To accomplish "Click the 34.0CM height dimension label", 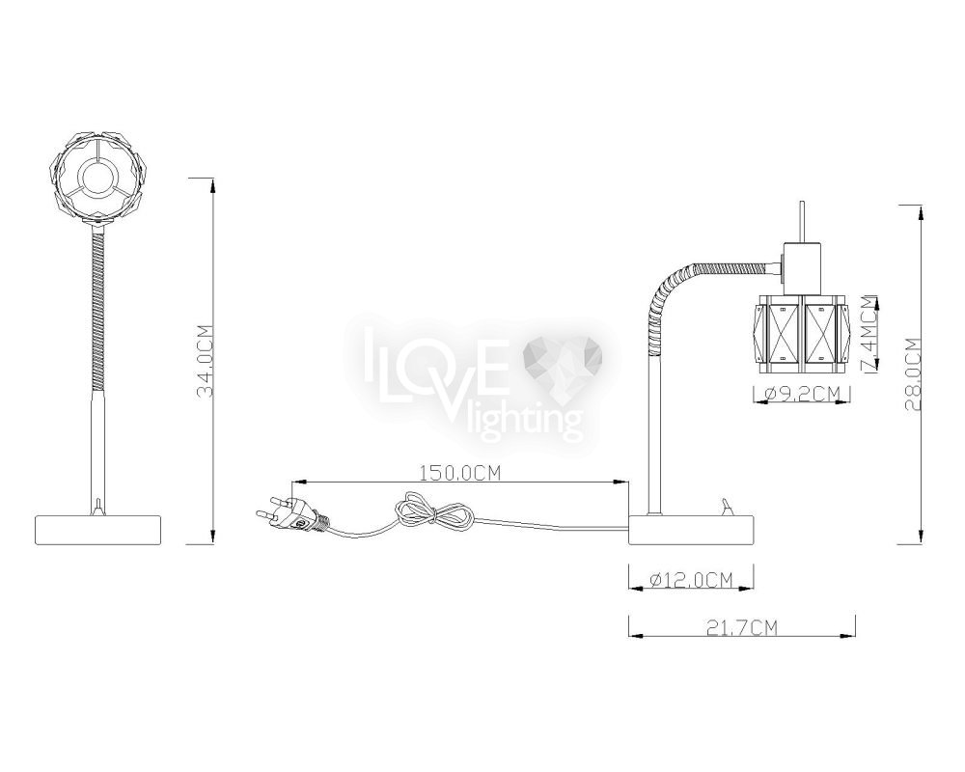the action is (x=205, y=361).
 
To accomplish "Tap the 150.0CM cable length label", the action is (x=460, y=473).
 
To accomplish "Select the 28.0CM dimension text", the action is (x=913, y=375).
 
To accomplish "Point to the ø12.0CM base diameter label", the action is (x=692, y=579).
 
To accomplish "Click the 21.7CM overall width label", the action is (x=742, y=627).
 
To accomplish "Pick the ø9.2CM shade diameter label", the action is (x=802, y=393).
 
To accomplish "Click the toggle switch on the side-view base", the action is (x=728, y=509).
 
